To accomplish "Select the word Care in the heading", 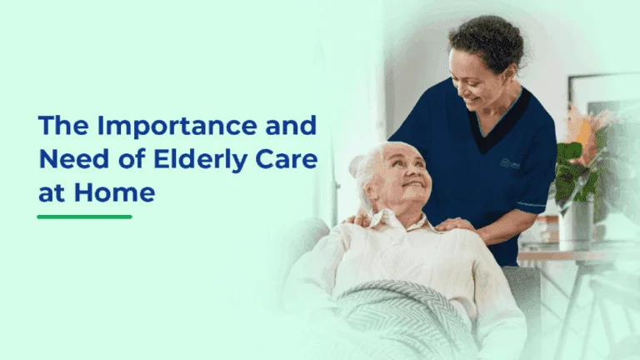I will (284, 159).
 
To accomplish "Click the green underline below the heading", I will (84, 217).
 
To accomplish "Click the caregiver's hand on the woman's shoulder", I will (454, 223).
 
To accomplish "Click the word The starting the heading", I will (62, 127).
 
